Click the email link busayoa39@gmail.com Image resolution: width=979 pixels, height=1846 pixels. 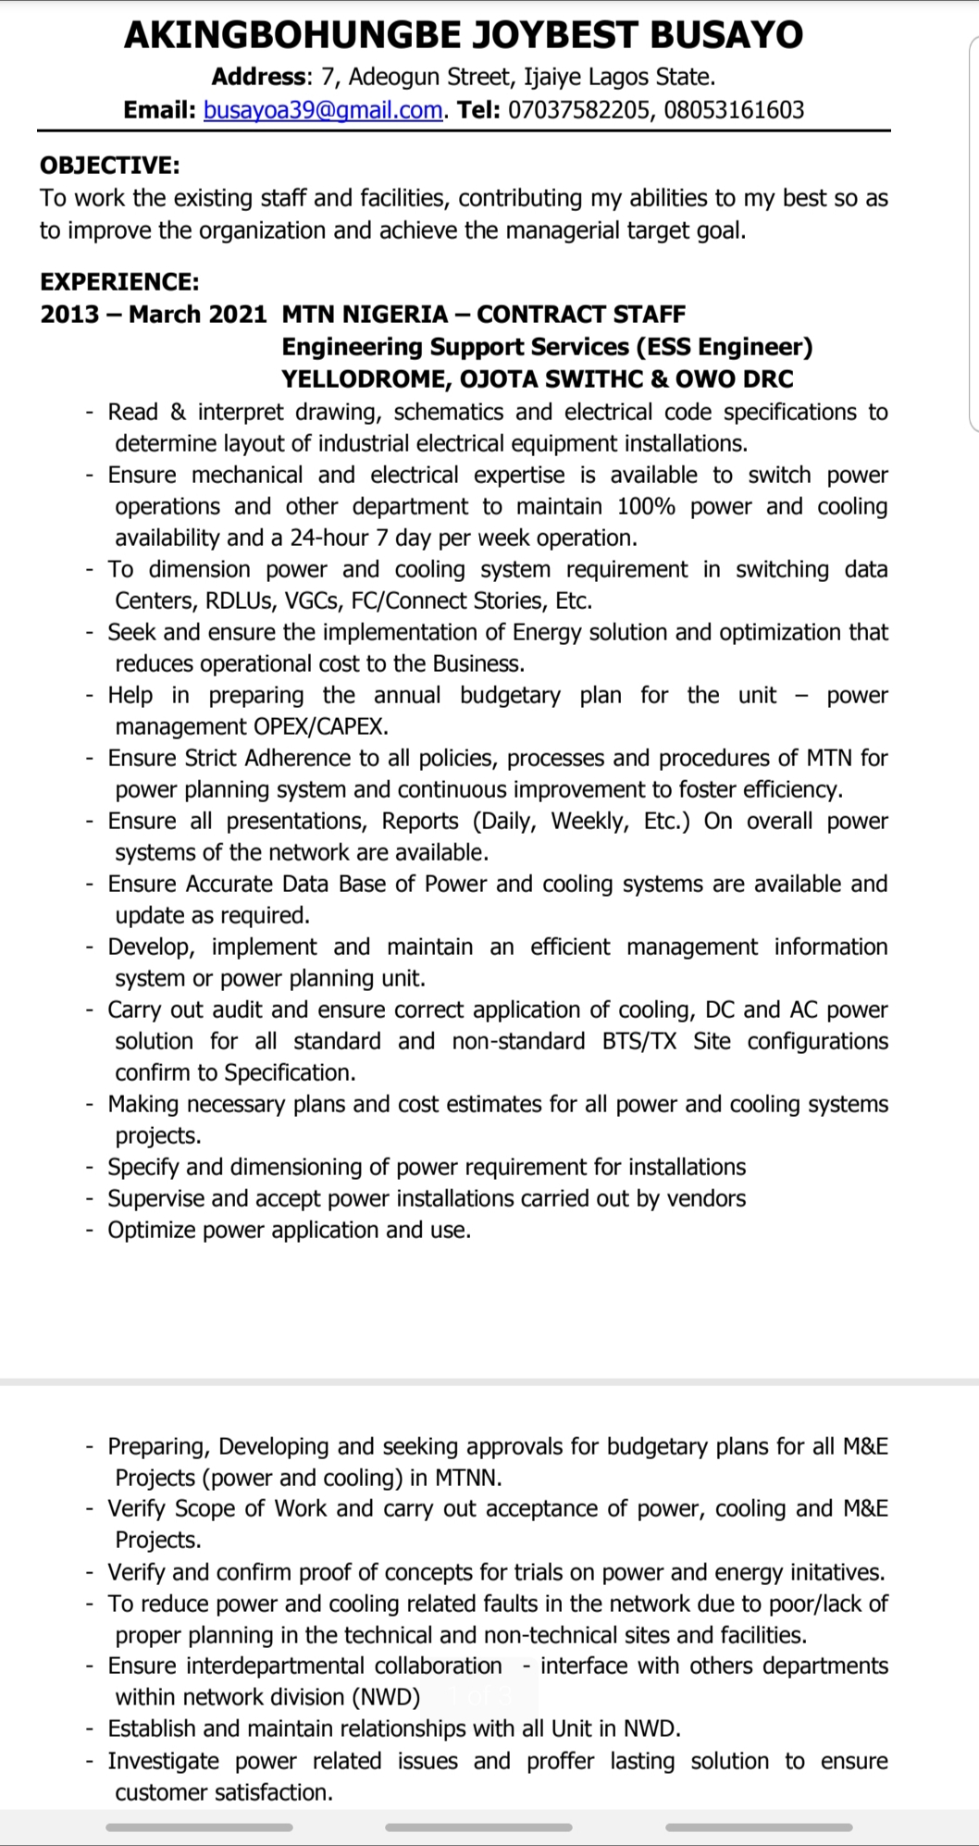click(323, 110)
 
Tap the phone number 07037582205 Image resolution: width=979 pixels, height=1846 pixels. click(578, 110)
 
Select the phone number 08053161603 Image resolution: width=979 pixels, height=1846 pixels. click(734, 110)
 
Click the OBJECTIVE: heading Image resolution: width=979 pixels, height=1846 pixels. click(109, 166)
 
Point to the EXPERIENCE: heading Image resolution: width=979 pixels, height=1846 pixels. click(119, 281)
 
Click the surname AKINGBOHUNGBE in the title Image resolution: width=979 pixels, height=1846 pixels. click(292, 35)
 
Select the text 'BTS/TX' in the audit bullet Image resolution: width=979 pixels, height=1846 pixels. click(638, 1041)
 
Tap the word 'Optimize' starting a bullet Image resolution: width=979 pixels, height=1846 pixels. click(152, 1230)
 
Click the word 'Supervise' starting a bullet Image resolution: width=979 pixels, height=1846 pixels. click(155, 1198)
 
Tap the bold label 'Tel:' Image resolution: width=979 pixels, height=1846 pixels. click(478, 110)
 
